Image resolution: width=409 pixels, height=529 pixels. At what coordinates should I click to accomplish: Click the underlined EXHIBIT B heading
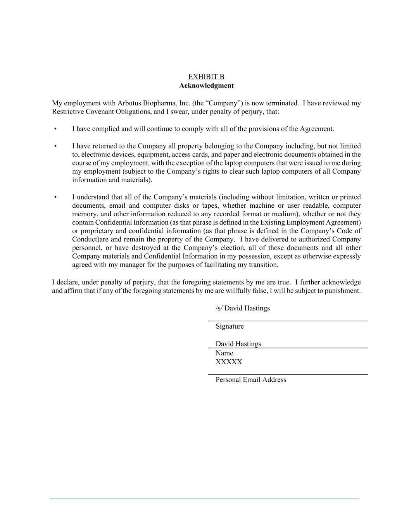206,77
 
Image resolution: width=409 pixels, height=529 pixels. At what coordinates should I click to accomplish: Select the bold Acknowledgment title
206,86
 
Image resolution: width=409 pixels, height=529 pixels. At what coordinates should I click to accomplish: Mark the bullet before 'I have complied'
55,129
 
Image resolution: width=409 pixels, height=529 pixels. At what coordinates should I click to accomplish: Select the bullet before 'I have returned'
55,146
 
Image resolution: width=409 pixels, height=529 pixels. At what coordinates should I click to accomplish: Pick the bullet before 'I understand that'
55,197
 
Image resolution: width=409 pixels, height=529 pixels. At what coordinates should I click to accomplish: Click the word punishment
342,291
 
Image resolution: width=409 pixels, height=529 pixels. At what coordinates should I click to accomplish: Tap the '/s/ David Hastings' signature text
243,308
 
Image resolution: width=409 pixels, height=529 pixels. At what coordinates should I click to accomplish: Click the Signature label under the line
230,326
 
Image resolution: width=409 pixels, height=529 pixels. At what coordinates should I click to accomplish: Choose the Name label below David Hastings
224,353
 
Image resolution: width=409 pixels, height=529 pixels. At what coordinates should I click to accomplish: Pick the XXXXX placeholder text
229,362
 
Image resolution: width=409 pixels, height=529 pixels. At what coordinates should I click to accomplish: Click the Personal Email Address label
251,380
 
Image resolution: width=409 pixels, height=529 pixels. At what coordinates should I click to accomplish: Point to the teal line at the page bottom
204,499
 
